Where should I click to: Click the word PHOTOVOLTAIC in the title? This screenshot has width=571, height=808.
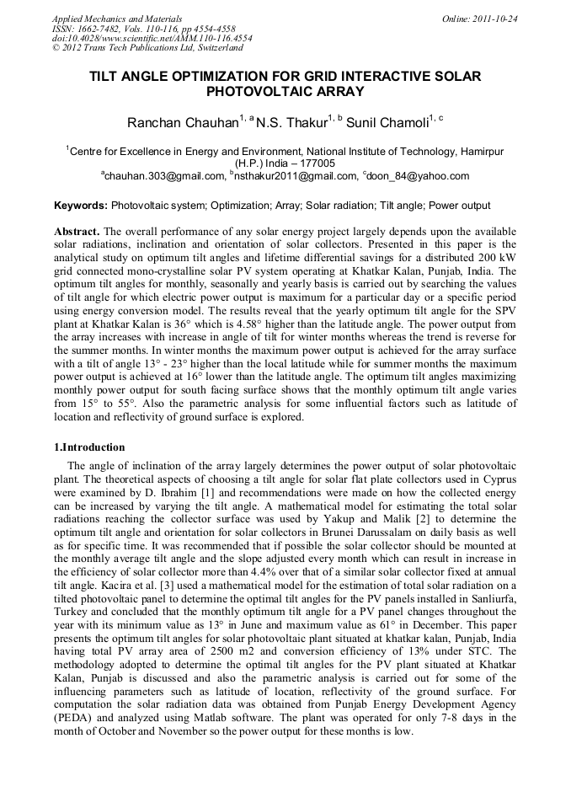(256, 91)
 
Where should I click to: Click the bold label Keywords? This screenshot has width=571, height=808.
(81, 206)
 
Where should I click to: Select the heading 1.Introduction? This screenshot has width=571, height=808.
(89, 447)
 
